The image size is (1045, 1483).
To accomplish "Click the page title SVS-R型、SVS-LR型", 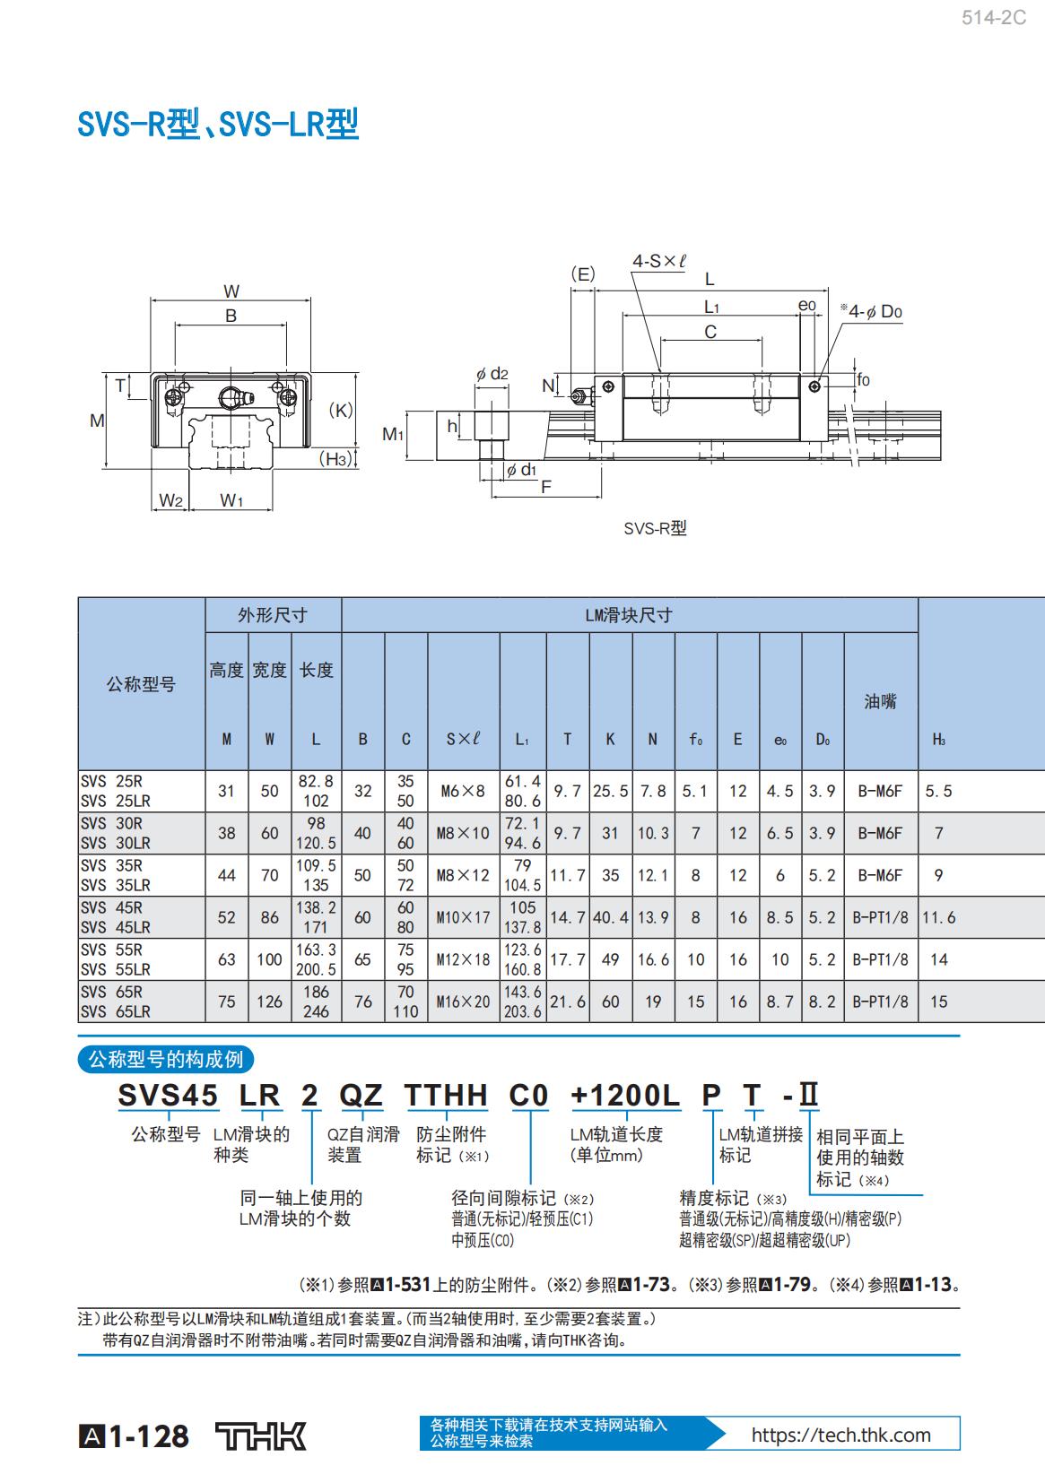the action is [218, 124].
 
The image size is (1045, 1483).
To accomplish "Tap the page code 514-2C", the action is [993, 18].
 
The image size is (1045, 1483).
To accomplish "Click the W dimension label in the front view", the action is [231, 291].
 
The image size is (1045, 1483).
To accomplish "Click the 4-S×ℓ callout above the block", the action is [659, 261].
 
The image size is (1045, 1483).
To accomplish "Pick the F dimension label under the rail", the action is [546, 487].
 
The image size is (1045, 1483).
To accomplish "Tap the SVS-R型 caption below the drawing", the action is [655, 528].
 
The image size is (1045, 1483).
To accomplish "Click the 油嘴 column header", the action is [880, 701].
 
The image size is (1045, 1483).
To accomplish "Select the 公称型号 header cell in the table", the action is [141, 684].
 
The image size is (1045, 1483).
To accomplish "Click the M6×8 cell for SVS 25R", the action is [463, 791].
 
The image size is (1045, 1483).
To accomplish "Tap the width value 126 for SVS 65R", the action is [269, 1002].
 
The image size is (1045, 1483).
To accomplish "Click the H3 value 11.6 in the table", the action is [938, 917].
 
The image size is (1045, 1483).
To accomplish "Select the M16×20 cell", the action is [463, 1002].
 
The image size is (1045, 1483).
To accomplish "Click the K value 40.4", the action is [610, 917].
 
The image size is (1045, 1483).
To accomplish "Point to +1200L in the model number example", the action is [625, 1095].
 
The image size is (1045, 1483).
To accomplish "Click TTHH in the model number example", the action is [447, 1095].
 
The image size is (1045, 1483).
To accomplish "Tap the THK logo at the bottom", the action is [261, 1435].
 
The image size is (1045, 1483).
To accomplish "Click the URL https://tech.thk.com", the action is [841, 1435].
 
